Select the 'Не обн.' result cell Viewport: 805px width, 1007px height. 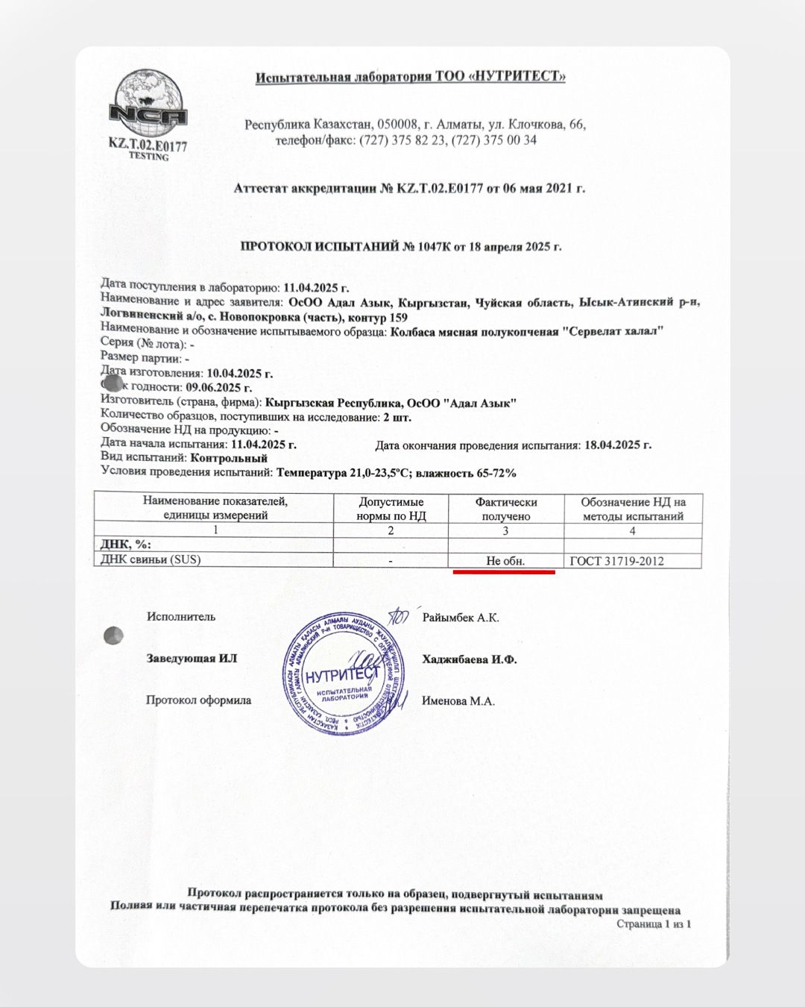point(505,561)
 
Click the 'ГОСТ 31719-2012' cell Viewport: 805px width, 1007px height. point(616,561)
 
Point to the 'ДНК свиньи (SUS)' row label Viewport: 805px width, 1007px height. point(151,559)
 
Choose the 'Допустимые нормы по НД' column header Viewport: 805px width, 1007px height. point(391,509)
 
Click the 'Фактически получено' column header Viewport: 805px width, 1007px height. point(506,509)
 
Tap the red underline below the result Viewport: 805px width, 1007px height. point(504,573)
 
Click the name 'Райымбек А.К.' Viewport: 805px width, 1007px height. point(461,618)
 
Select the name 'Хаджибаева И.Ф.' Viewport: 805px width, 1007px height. point(470,659)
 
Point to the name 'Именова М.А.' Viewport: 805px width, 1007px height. point(458,701)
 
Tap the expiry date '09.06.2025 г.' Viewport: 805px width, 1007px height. point(219,387)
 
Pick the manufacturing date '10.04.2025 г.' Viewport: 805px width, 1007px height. point(240,373)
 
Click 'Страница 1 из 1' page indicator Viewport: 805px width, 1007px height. point(654,924)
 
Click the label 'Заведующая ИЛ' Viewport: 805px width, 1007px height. point(192,659)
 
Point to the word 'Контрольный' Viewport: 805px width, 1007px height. point(229,458)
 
